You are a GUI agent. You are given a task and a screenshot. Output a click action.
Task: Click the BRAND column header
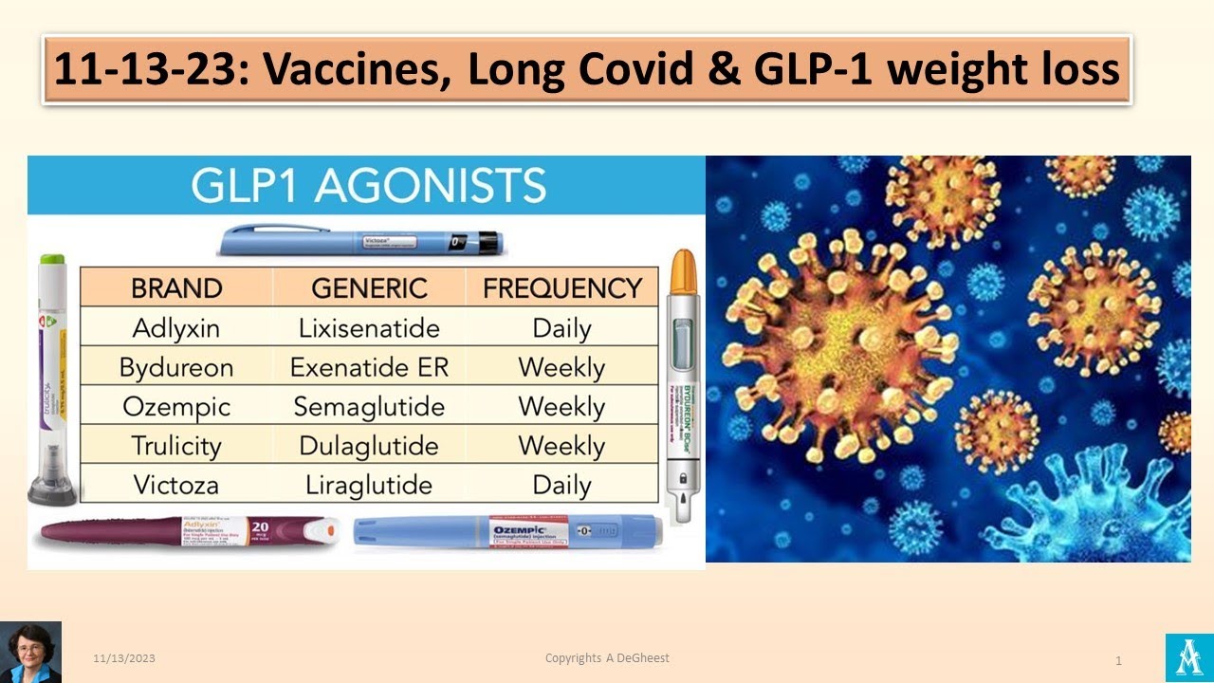(x=176, y=288)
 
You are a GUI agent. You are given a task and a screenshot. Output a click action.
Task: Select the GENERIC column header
(x=369, y=288)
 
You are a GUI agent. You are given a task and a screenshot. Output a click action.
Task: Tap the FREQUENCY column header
(x=562, y=288)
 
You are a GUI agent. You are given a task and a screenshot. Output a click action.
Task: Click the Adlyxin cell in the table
(x=176, y=329)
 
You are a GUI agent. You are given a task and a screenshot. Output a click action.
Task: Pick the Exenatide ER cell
(x=369, y=368)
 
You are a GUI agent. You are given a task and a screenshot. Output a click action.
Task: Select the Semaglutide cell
(x=369, y=407)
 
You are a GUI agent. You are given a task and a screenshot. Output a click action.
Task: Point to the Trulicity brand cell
(x=176, y=446)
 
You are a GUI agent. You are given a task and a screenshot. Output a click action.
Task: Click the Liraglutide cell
(x=369, y=486)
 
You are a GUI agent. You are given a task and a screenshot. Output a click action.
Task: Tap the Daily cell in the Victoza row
(x=562, y=486)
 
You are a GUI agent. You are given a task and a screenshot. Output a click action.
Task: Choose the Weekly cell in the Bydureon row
(x=562, y=368)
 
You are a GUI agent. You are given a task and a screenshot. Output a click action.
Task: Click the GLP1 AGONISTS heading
(x=368, y=186)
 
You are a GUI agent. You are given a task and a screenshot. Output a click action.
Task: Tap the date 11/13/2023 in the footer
(x=124, y=658)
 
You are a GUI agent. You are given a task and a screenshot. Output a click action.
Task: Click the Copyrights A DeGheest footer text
(x=607, y=657)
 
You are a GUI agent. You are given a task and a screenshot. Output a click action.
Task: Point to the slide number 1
(x=1119, y=660)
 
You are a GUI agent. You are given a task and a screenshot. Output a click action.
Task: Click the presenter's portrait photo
(x=30, y=652)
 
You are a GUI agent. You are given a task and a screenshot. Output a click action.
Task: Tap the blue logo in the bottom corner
(x=1189, y=657)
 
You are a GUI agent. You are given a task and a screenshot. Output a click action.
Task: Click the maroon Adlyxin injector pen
(x=185, y=532)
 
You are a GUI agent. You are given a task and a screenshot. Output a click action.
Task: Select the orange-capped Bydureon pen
(x=683, y=379)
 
